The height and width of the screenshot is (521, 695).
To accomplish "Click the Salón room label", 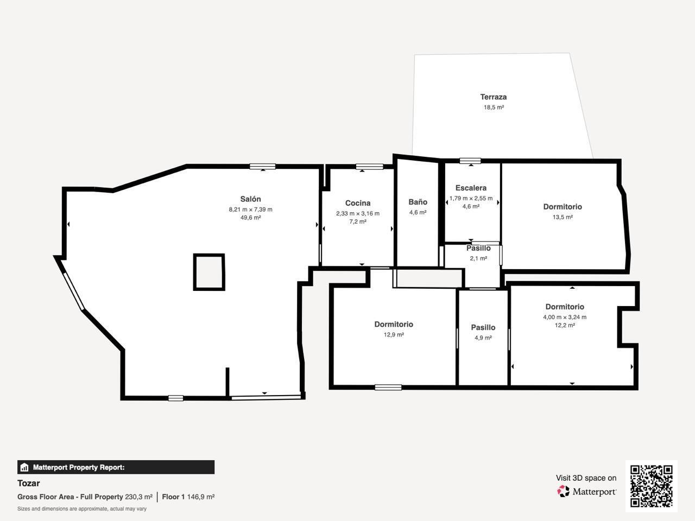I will [250, 199].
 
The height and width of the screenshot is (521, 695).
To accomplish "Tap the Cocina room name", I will [358, 203].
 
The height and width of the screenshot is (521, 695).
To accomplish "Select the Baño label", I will [418, 202].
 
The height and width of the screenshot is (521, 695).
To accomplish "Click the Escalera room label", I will [471, 188].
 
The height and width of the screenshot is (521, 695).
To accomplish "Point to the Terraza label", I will [493, 97].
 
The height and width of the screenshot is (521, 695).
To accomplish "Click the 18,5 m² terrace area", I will [494, 107].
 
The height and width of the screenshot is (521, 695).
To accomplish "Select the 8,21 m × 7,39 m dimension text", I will [250, 209].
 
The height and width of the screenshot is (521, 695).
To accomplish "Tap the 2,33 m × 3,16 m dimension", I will [358, 213].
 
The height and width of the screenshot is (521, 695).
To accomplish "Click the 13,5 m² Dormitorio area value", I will [563, 217].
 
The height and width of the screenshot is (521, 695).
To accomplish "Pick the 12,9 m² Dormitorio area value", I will [394, 335].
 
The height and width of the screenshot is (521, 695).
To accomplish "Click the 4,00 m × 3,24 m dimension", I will [565, 317].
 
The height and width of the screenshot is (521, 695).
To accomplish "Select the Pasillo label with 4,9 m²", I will [483, 327].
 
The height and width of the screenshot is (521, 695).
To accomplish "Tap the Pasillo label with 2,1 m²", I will [478, 249].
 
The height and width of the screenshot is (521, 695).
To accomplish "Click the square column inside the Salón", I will [209, 272].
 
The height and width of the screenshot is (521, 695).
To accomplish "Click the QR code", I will [651, 486].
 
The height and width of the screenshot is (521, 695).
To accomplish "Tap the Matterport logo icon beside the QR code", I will [564, 492].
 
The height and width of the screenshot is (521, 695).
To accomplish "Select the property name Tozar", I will [28, 483].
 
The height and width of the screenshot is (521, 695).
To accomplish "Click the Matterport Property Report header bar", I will [116, 467].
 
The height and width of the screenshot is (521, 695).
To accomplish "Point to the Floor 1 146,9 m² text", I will [188, 497].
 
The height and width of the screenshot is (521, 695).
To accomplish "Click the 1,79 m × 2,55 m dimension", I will [471, 198].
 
